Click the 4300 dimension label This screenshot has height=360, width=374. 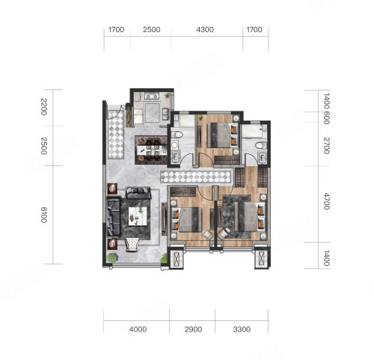click(205, 30)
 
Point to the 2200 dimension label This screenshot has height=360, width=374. click(44, 107)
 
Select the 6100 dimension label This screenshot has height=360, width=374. click(44, 215)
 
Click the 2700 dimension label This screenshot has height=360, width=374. click(326, 146)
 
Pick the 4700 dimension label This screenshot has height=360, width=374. click(326, 201)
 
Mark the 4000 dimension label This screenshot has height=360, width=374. click(138, 329)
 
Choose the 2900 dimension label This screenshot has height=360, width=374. click(193, 329)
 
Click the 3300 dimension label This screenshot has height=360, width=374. click(242, 329)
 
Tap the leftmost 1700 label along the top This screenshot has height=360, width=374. click(116, 30)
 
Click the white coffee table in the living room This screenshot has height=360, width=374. click(138, 216)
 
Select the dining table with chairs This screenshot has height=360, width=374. click(152, 150)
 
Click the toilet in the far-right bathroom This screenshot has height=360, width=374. click(260, 145)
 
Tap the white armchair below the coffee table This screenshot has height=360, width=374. click(132, 244)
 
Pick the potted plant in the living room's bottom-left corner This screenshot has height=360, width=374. click(112, 257)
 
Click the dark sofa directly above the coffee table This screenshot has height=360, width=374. click(138, 192)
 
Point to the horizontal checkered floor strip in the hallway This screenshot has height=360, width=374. click(195, 177)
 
